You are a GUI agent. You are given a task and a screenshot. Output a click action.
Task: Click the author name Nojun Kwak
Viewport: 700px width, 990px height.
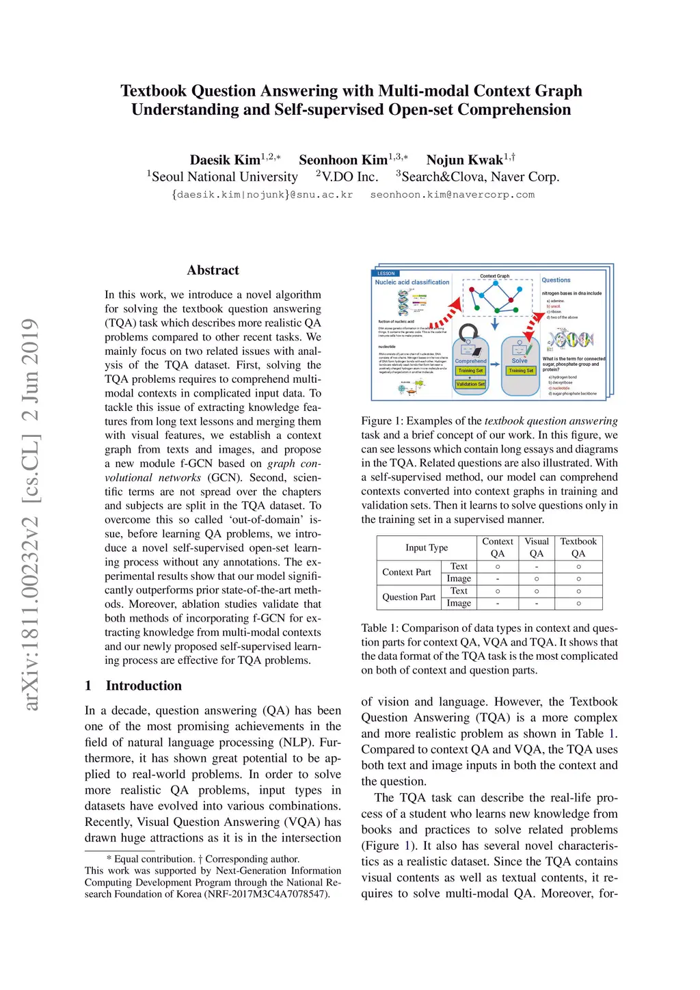465,160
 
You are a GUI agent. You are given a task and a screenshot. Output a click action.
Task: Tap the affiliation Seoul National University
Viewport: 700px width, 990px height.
225,177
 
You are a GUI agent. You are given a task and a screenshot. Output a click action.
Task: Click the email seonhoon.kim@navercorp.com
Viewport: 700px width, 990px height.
452,195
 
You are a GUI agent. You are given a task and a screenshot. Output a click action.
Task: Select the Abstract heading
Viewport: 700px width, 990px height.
213,270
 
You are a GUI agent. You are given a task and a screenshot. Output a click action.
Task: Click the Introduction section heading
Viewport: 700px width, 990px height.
144,686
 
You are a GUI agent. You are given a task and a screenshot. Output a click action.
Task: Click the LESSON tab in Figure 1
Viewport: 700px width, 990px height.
386,273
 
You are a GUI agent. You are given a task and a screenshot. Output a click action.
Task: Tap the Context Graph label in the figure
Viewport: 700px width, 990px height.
494,276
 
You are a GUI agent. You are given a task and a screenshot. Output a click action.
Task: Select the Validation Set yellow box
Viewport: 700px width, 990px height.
471,384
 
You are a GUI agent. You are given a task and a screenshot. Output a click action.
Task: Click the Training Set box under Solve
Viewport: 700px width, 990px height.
521,371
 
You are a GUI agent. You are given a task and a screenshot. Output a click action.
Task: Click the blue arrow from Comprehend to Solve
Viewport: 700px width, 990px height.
495,364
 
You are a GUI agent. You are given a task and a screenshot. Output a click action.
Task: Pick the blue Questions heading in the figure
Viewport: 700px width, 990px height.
556,280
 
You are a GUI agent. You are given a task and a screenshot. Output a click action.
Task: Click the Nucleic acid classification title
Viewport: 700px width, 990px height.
412,282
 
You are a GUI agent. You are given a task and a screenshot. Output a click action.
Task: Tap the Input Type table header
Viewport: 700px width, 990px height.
427,548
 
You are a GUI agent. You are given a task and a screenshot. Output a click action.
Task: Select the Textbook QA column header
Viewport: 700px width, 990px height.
578,548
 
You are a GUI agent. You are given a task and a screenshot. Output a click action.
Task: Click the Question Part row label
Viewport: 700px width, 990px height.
409,597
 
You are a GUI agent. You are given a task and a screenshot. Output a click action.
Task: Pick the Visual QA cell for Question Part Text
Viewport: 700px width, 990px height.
537,591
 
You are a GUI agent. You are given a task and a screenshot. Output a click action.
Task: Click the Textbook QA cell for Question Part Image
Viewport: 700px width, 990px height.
578,603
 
